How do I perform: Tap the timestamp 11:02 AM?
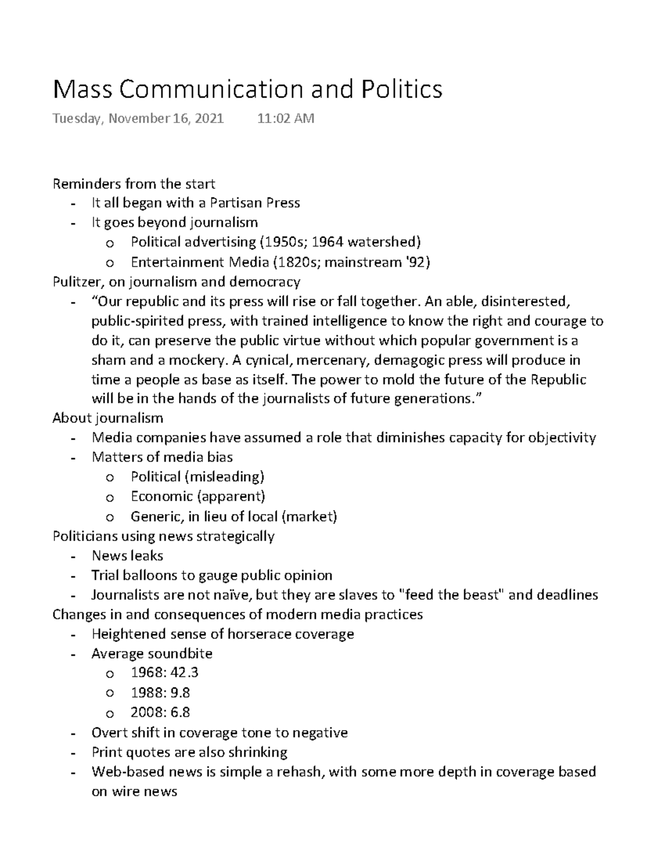tap(285, 118)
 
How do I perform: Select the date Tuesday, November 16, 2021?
tap(138, 118)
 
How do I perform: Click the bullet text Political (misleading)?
tap(197, 477)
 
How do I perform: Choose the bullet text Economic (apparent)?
tap(198, 496)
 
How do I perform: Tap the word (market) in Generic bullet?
tap(309, 517)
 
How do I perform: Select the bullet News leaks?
tap(127, 556)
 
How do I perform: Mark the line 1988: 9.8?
tap(160, 692)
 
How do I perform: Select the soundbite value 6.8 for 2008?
tap(180, 712)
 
